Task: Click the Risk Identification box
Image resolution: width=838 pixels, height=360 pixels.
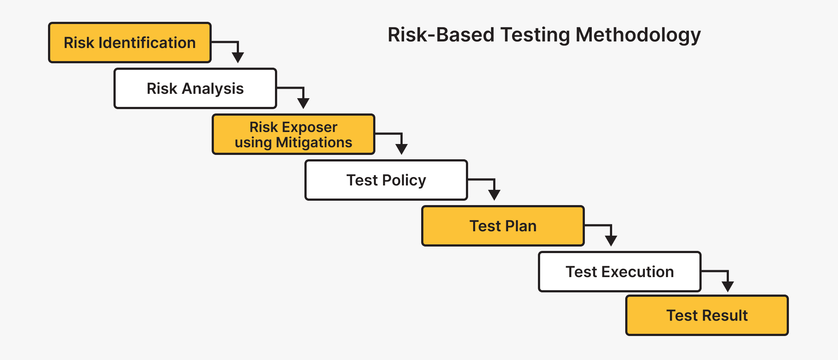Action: [129, 43]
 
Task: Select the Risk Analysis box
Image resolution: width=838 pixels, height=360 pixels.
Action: [195, 88]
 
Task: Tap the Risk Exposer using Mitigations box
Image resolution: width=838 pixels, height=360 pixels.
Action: [293, 134]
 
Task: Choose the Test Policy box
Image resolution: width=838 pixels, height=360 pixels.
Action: [386, 180]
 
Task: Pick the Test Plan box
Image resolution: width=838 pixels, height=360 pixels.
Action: [503, 226]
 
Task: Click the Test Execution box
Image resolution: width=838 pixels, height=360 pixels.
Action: [619, 272]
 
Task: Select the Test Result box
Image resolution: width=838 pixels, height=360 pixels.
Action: [707, 315]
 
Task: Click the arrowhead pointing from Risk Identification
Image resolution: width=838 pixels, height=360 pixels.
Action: [238, 57]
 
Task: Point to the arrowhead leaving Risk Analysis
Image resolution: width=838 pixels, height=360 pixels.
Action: [303, 103]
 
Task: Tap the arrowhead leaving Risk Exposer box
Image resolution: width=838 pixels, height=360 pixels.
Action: [402, 149]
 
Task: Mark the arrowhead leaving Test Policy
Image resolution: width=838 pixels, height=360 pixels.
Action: [494, 195]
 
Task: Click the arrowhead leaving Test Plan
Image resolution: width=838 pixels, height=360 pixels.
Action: [611, 241]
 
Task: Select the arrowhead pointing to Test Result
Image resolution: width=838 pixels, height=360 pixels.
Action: [727, 287]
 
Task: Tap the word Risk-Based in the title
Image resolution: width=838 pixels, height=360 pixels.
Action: [441, 35]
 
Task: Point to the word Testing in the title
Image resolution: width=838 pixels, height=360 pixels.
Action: [535, 36]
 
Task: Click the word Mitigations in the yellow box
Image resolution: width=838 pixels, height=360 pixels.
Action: [314, 143]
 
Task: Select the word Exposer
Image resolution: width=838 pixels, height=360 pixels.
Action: [310, 127]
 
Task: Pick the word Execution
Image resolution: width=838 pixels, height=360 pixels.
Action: [637, 272]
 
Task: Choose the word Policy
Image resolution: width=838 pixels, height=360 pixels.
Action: [404, 180]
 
